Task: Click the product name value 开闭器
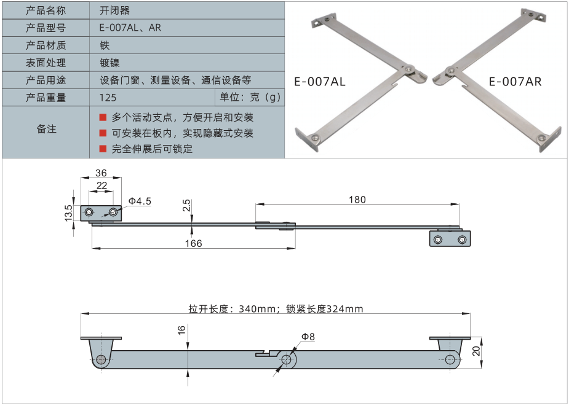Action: point(114,10)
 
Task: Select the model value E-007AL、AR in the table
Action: point(130,28)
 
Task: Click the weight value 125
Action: point(107,98)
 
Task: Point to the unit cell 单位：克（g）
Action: point(250,98)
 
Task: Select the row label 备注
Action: point(46,129)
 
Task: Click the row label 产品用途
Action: point(46,80)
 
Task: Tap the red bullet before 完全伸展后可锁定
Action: point(103,149)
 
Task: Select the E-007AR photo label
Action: point(515,81)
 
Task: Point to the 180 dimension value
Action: point(357,200)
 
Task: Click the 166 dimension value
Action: point(193,243)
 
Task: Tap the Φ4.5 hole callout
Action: point(140,201)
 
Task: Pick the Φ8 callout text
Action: point(308,337)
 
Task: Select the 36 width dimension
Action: point(101,173)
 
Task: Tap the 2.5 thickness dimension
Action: point(185,205)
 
